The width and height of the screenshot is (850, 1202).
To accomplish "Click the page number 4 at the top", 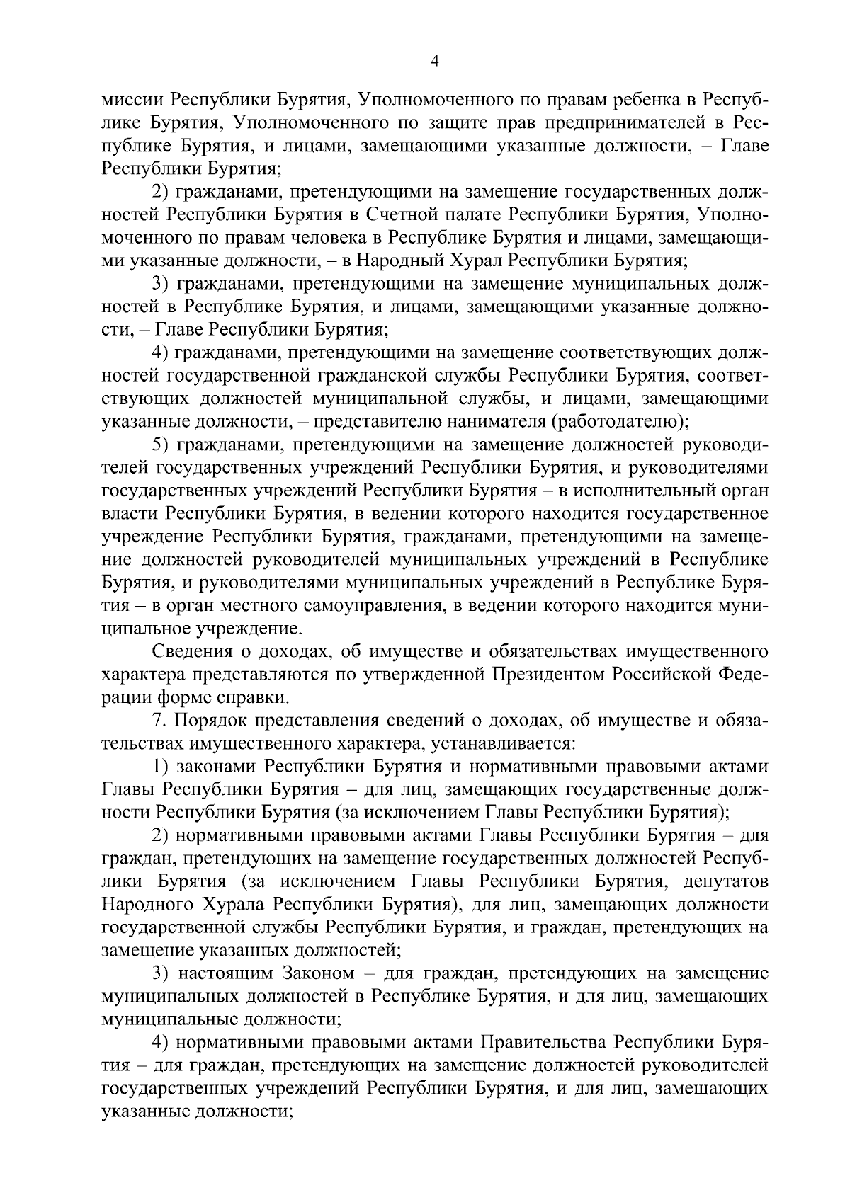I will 435,62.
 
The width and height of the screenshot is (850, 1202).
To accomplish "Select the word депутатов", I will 726,881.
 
